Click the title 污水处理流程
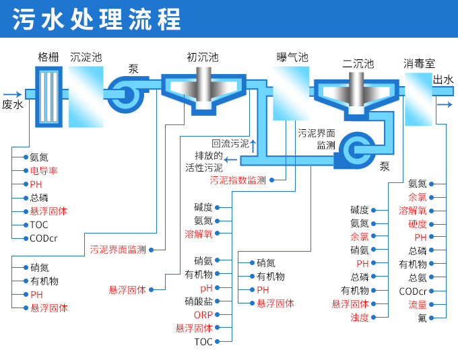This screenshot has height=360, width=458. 98,20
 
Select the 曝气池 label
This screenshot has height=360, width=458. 291,57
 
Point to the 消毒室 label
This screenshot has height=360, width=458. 418,64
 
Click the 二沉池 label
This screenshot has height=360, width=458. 357,64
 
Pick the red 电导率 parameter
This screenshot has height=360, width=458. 44,171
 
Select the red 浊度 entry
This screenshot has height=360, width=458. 359,318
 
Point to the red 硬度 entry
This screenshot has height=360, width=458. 417,224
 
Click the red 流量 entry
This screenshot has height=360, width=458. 417,305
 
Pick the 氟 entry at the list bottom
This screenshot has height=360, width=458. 422,318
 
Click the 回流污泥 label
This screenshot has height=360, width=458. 230,143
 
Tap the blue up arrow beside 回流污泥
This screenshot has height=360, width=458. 253,143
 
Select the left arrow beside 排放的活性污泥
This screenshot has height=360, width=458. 230,159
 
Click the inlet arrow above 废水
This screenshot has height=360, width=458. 12,94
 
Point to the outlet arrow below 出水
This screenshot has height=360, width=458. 444,105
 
